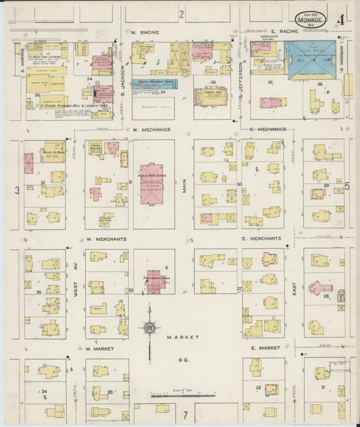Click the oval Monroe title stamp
coord(310,20)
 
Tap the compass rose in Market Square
coord(149,328)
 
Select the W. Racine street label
coord(144,31)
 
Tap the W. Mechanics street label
coord(151,129)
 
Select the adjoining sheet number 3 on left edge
coord(17,191)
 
